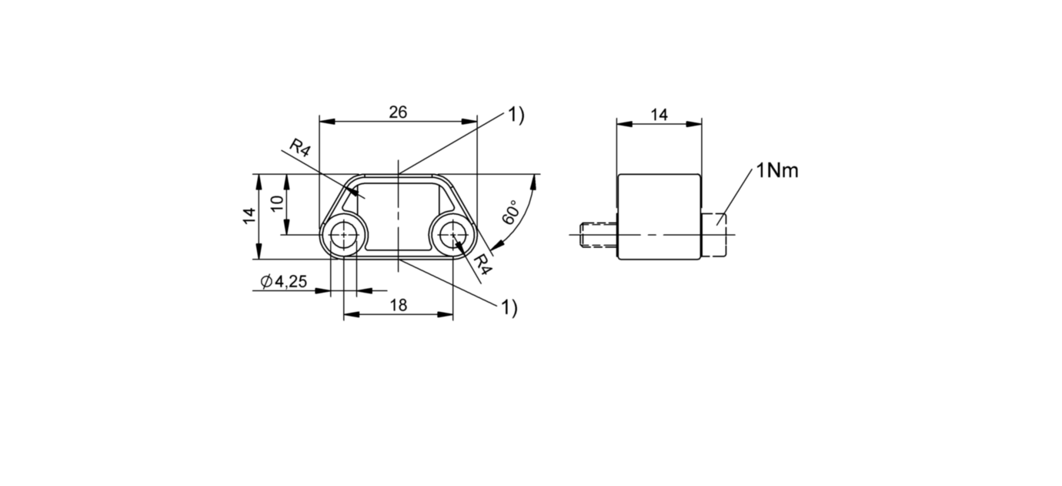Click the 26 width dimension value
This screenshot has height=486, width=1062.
[399, 112]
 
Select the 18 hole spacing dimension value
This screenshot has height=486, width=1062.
[399, 305]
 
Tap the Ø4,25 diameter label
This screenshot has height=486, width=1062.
[284, 281]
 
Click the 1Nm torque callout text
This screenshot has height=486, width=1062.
[777, 170]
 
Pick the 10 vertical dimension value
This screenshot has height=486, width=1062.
[277, 203]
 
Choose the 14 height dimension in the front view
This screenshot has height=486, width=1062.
[249, 216]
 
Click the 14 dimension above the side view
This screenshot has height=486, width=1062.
[659, 115]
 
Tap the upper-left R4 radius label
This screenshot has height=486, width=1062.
[299, 148]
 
